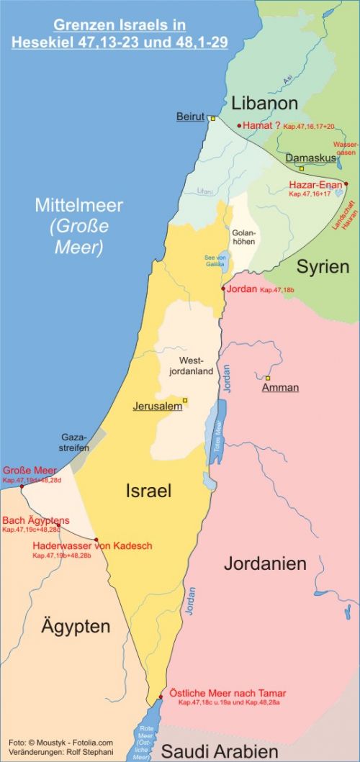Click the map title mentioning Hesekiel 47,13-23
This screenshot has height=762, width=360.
(x=120, y=34)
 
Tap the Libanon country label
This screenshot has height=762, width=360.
(x=264, y=102)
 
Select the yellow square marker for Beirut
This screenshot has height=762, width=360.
(x=212, y=118)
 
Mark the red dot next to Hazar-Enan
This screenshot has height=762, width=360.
(x=346, y=184)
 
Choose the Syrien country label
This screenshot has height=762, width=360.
(x=323, y=266)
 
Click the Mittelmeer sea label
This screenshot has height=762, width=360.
(x=79, y=206)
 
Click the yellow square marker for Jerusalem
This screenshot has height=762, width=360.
(x=185, y=400)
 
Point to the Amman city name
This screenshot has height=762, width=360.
(x=280, y=388)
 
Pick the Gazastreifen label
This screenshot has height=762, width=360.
(x=74, y=442)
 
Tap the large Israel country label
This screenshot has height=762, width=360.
(x=148, y=491)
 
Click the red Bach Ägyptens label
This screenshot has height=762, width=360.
(x=36, y=520)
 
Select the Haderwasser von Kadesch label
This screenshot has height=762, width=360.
(x=92, y=546)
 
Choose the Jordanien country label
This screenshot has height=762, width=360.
(x=264, y=563)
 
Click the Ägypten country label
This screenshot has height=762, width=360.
(x=76, y=626)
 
